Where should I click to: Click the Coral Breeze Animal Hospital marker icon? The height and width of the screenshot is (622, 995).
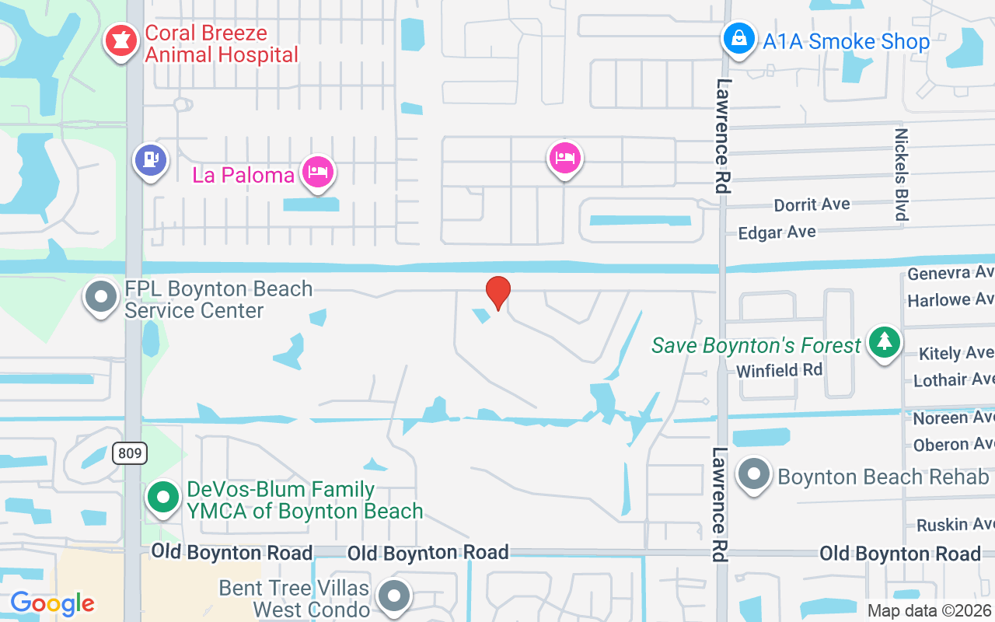(120, 42)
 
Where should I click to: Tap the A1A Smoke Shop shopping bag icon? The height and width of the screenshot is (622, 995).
(738, 38)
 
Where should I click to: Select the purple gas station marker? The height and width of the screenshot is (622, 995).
(151, 160)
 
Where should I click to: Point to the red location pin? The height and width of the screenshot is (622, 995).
(497, 293)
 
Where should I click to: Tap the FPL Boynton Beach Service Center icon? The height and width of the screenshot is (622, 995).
(101, 297)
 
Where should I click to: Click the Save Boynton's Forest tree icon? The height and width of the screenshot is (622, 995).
(883, 342)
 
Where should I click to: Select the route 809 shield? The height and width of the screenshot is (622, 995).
(129, 453)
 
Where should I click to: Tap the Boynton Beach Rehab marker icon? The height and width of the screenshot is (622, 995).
(753, 474)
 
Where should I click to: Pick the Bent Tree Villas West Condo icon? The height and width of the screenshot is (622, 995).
(393, 596)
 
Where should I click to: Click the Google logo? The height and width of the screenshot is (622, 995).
(52, 603)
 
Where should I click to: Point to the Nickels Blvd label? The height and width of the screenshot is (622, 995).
(901, 175)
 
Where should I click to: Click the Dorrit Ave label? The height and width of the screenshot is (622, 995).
(812, 205)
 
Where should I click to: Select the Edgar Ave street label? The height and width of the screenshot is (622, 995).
(777, 232)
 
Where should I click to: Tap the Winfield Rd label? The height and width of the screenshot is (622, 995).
(779, 370)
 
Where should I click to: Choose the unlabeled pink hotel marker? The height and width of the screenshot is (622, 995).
(565, 159)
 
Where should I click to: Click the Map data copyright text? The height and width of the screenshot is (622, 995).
(930, 610)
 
